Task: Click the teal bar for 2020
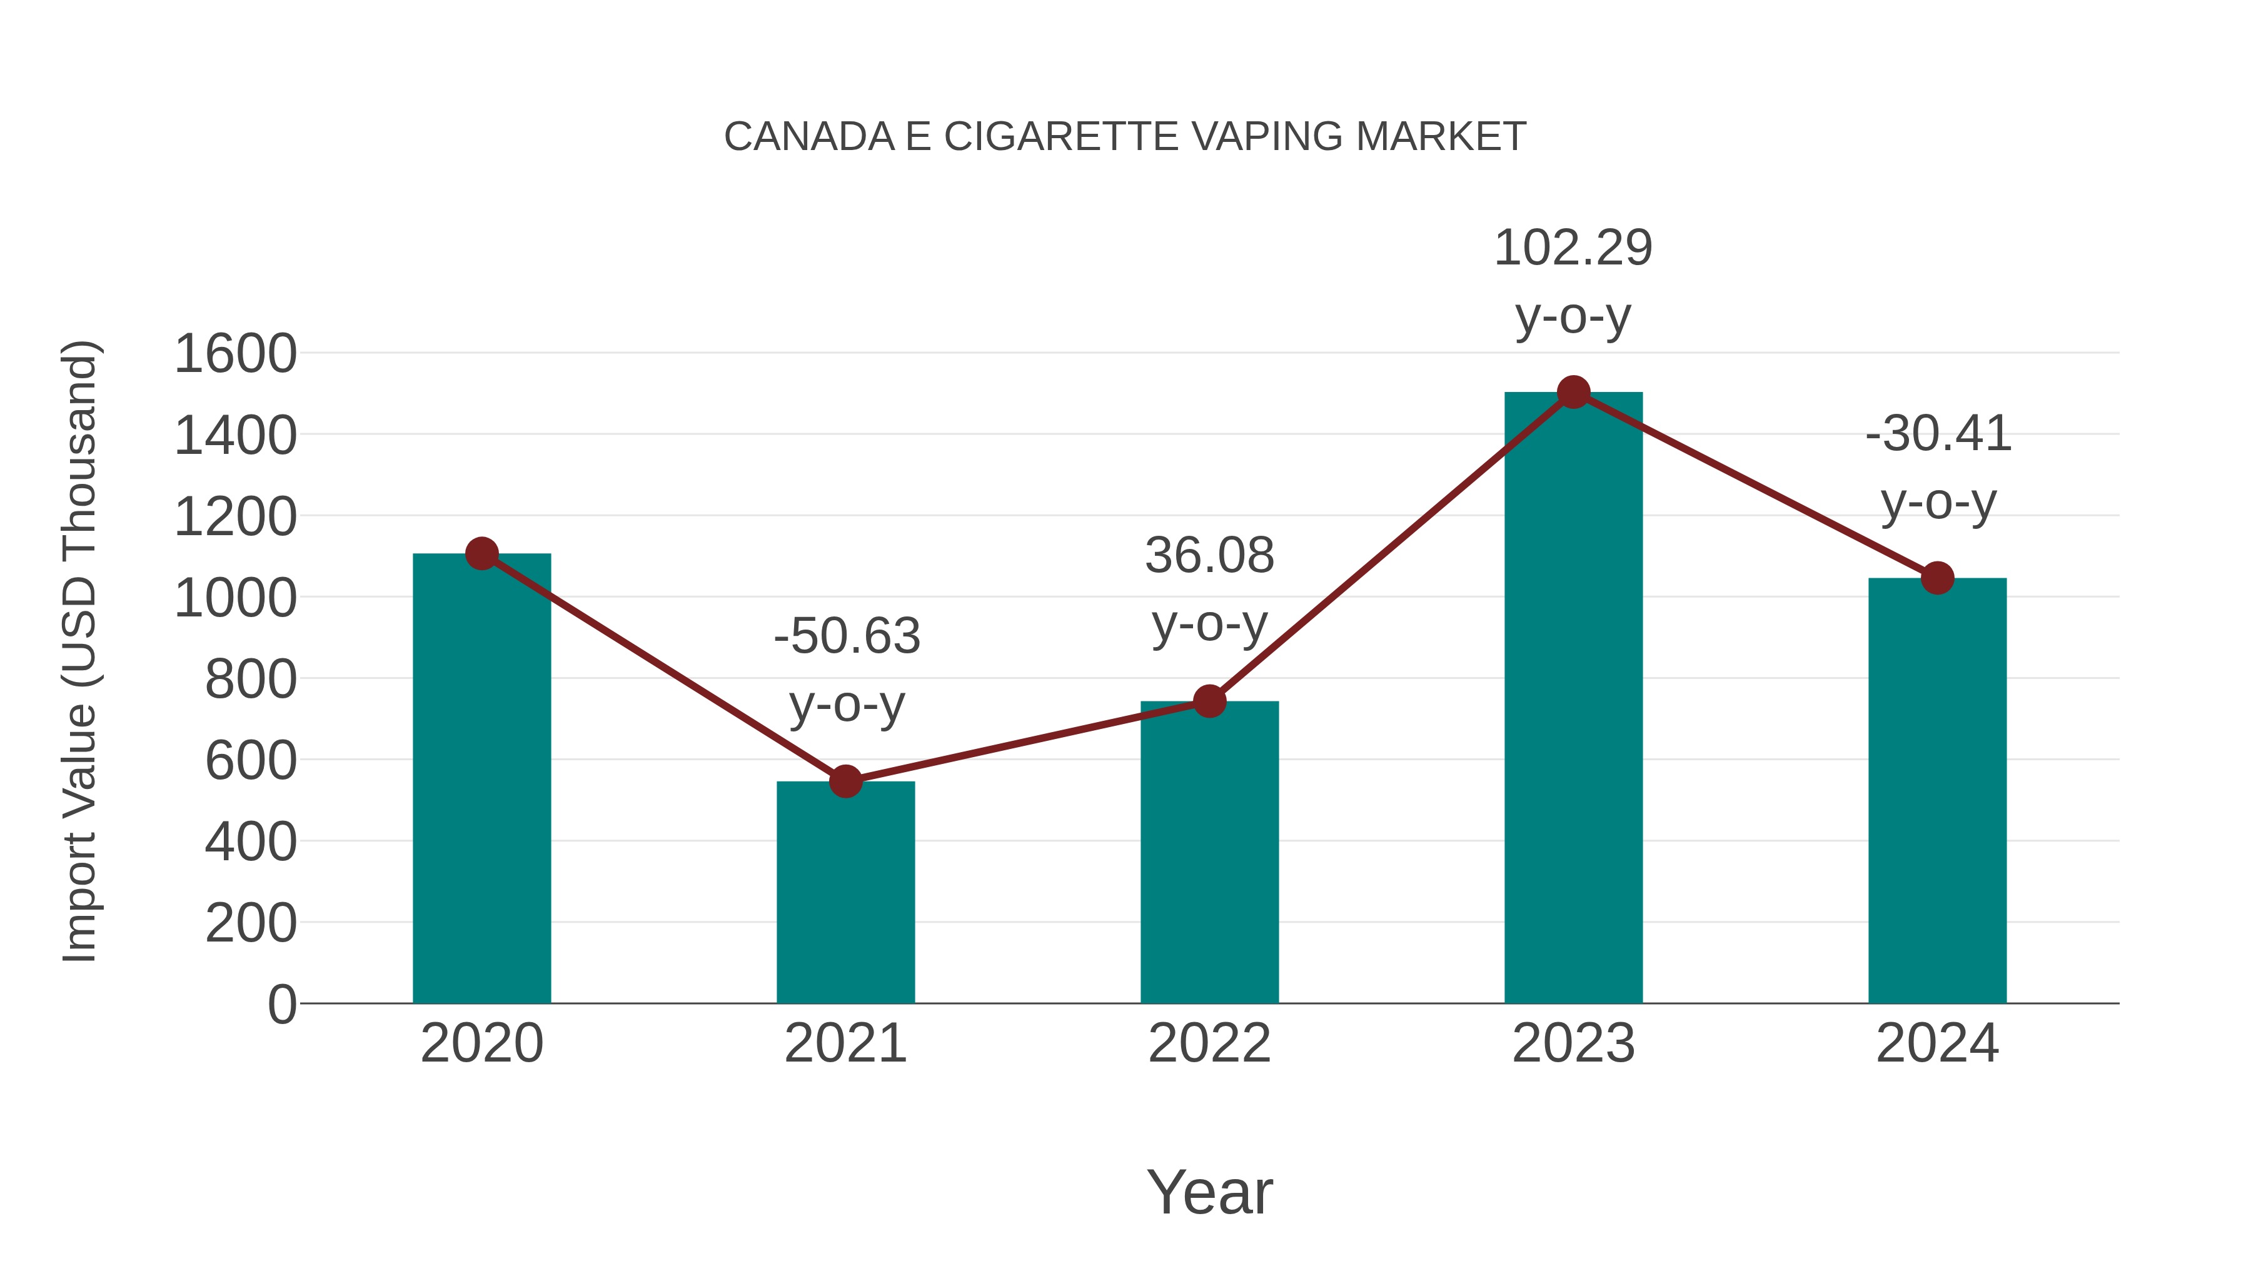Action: tap(481, 778)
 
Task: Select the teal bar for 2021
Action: tap(845, 891)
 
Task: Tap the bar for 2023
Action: tap(1573, 699)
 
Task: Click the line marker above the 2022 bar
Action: tap(1209, 701)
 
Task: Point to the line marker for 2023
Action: tap(1573, 392)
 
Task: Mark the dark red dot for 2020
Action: tap(481, 553)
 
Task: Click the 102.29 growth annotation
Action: tap(1573, 248)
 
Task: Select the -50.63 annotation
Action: tap(846, 636)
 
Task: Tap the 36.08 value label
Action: tap(1209, 556)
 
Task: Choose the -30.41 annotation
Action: tap(1937, 435)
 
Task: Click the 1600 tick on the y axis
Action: tap(235, 354)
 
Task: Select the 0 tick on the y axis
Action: tap(281, 1004)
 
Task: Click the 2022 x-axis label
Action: tap(1209, 1043)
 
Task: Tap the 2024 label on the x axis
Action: tap(1937, 1043)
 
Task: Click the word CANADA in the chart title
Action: tap(809, 137)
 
